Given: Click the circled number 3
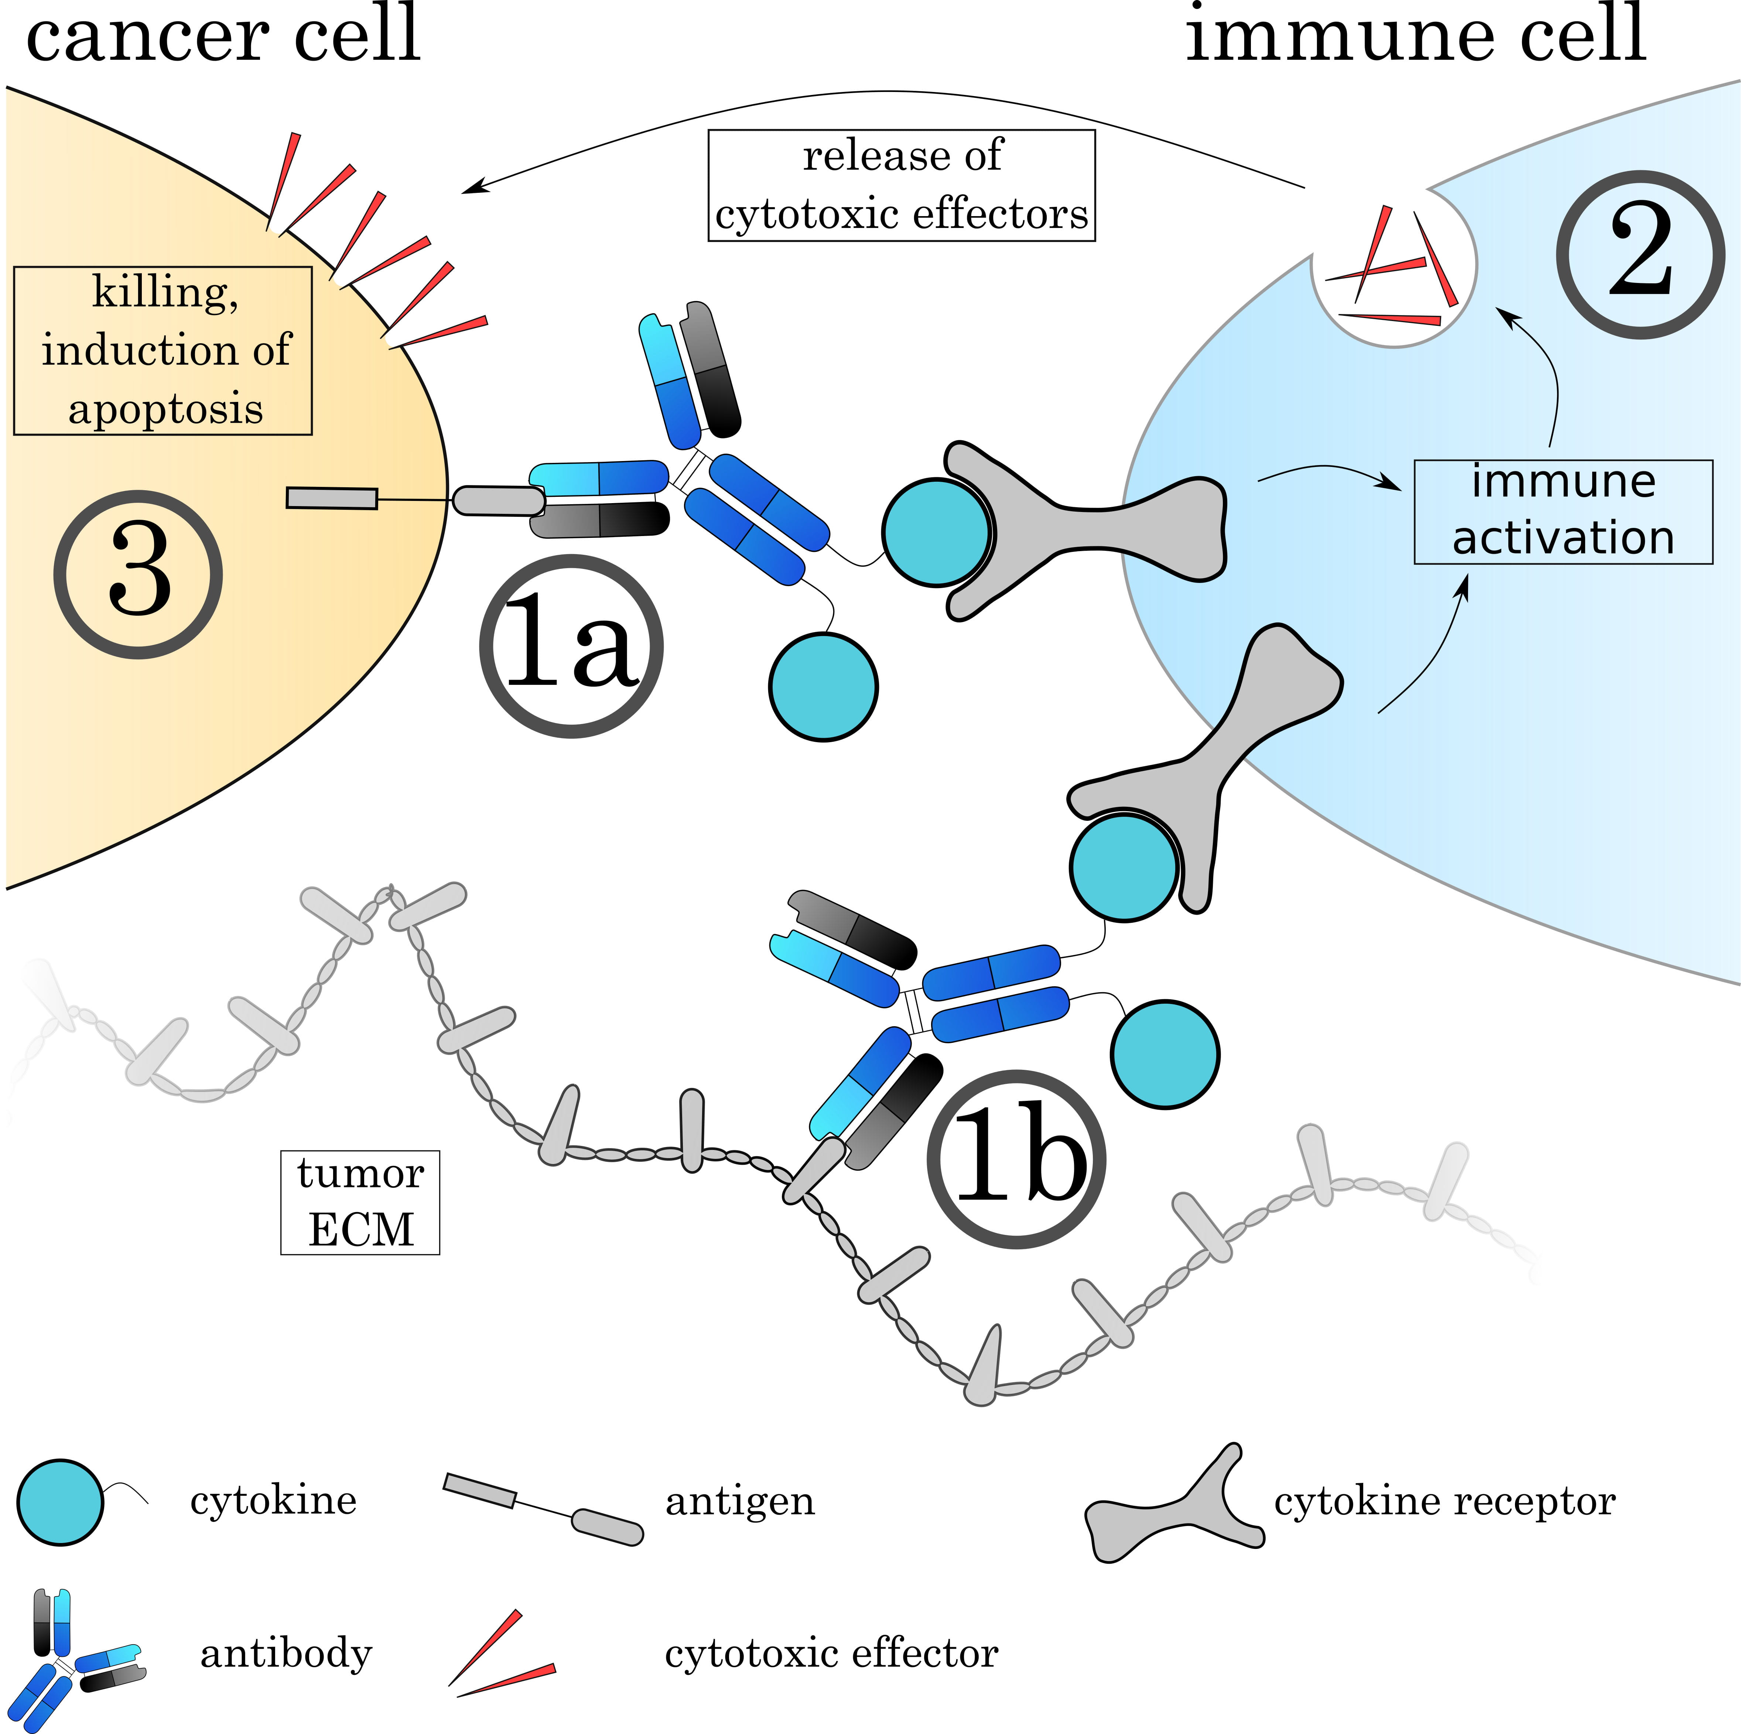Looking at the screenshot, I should coord(138,574).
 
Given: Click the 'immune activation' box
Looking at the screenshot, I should coord(1563,511).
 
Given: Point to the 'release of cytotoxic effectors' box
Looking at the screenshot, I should coord(901,186).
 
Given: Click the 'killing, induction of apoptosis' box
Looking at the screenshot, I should coord(163,351).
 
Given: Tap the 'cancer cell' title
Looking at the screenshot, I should coord(223,34).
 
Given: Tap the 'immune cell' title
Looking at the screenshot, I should coord(1415,34).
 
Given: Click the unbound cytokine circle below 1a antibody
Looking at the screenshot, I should coord(823,687).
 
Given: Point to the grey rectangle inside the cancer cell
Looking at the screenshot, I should coord(332,498).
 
